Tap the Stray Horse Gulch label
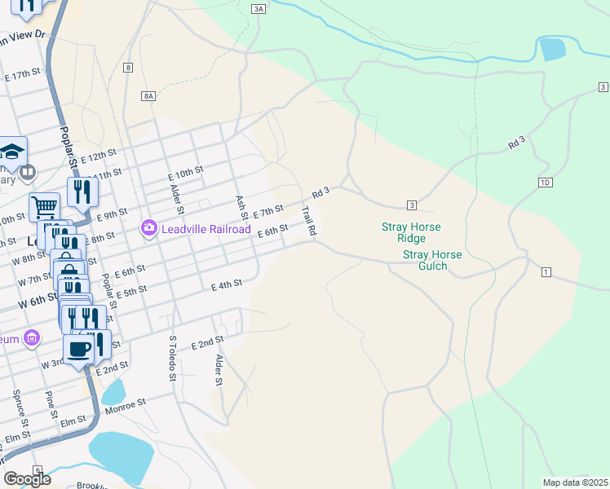point(432,260)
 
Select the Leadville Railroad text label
point(206,229)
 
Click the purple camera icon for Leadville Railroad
point(148,229)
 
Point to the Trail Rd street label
point(308,221)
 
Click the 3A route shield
point(259,8)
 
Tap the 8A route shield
point(148,95)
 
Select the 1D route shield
point(546,182)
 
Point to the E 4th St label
point(227,285)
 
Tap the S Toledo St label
point(172,359)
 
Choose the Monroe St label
point(124,403)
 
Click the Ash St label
point(241,208)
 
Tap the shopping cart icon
point(44,207)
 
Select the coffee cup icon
point(79,349)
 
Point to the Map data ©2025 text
point(575,482)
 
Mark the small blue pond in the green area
point(552,50)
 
